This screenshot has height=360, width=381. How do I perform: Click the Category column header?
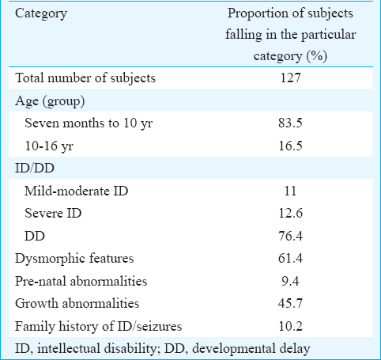pos(41,13)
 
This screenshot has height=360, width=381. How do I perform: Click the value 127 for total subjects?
pos(290,78)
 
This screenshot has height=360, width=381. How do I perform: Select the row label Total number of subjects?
pos(85,78)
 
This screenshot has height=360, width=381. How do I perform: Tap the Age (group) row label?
pos(50,101)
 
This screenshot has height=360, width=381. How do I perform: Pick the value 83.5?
pos(290,123)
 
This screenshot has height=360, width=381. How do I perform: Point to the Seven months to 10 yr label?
pos(89,123)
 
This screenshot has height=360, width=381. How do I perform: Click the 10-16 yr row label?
pos(49,146)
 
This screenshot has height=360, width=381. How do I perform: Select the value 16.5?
pos(290,146)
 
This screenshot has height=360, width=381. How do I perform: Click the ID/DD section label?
pos(35,169)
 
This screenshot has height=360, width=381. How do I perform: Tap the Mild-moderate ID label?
pos(76,191)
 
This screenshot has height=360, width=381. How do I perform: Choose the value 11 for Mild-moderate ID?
pos(290,191)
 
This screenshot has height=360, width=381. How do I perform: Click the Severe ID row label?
pos(53,214)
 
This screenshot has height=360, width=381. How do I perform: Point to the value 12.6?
pos(290,214)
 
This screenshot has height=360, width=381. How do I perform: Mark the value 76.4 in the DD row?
pos(290,236)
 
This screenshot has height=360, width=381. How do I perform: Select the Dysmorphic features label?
pos(74,259)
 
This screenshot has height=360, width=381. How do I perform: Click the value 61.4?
pos(290,259)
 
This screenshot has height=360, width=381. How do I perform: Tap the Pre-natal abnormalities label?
pos(81,281)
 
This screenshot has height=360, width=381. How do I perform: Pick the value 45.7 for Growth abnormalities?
pos(290,304)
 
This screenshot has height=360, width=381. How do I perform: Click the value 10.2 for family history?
pos(290,327)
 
